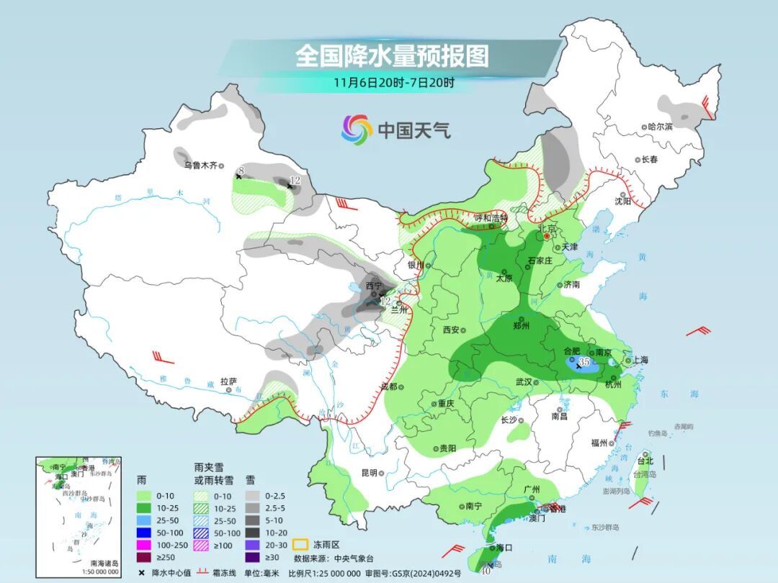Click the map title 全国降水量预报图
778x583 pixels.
pos(392,55)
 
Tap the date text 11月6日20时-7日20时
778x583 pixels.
pos(393,82)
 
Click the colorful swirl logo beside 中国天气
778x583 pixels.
pos(357,130)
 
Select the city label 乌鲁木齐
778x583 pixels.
pos(200,165)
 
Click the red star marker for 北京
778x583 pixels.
pos(547,235)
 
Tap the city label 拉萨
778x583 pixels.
pos(228,381)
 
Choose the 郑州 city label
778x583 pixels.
pos(522,325)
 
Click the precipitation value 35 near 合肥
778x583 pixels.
pos(585,362)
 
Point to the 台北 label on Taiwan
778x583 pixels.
pos(645,461)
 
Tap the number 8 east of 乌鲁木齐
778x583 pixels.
pos(242,170)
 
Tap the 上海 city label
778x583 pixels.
pos(639,361)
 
